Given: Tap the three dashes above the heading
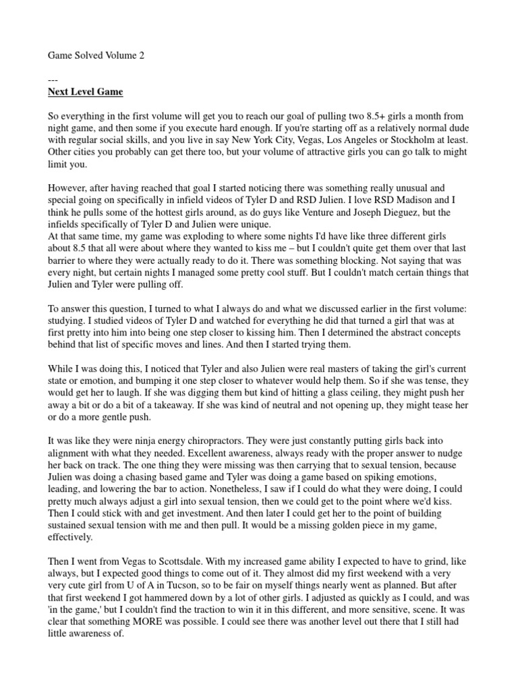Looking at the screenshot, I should pyautogui.click(x=53, y=80).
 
